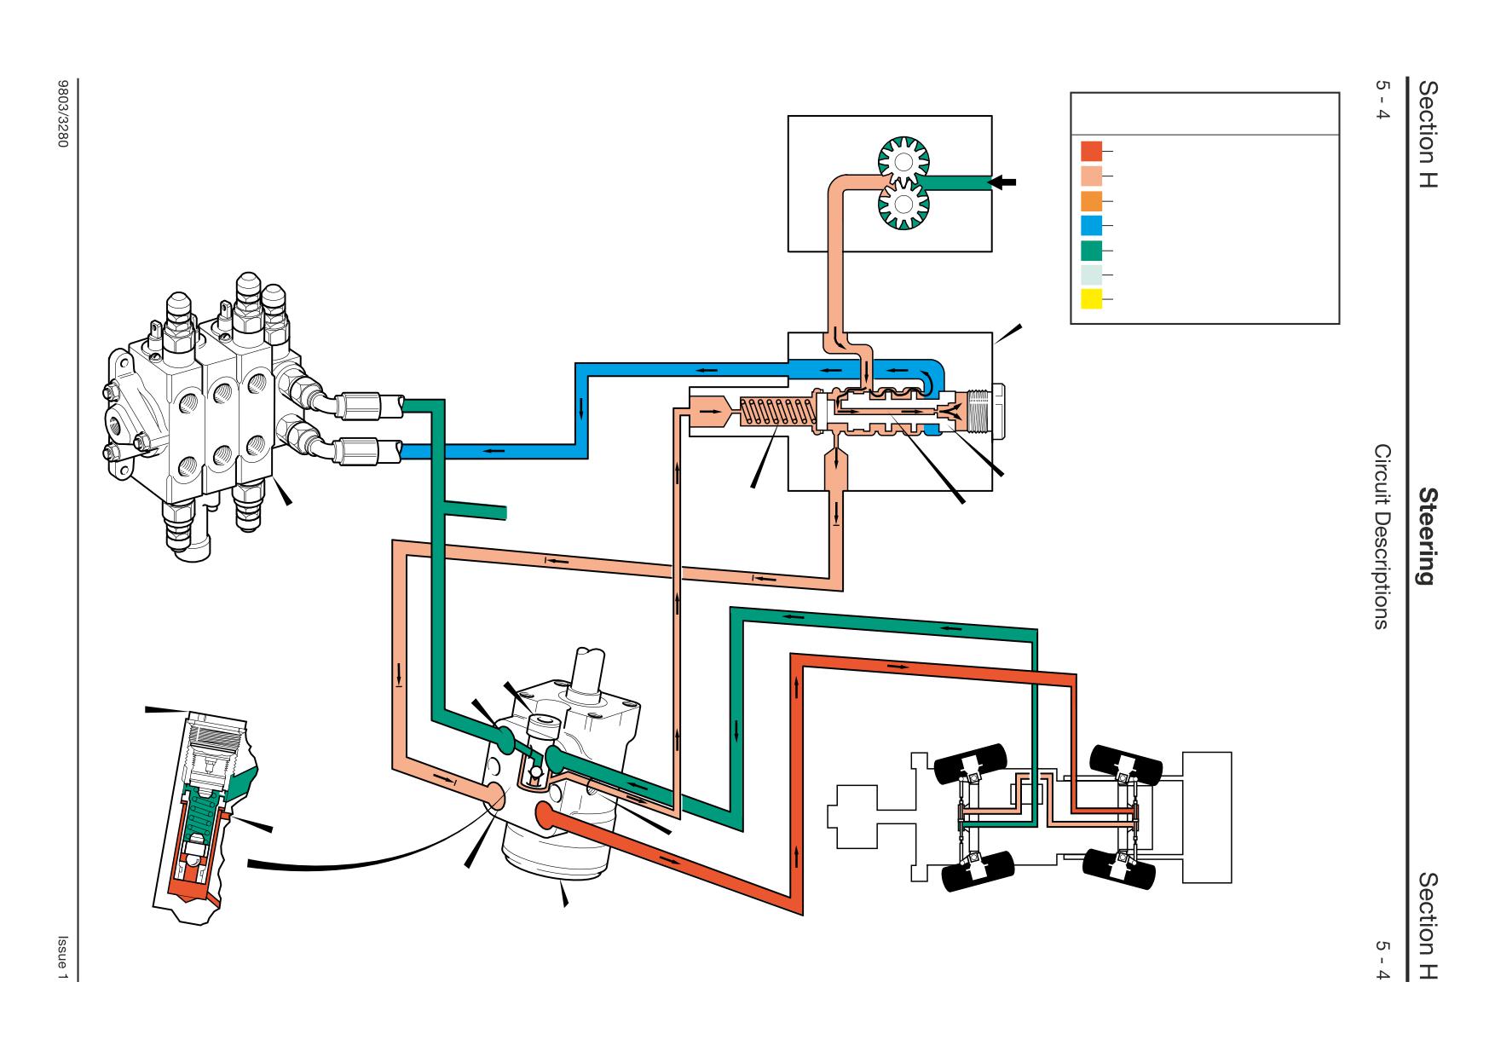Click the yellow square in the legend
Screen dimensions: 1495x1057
click(x=1091, y=299)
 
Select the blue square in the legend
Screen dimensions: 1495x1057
click(x=1091, y=226)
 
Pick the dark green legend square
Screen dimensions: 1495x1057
click(x=1091, y=251)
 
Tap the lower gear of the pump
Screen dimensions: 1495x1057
click(x=904, y=205)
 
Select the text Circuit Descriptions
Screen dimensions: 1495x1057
click(x=1382, y=536)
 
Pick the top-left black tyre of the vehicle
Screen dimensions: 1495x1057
click(x=972, y=761)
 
